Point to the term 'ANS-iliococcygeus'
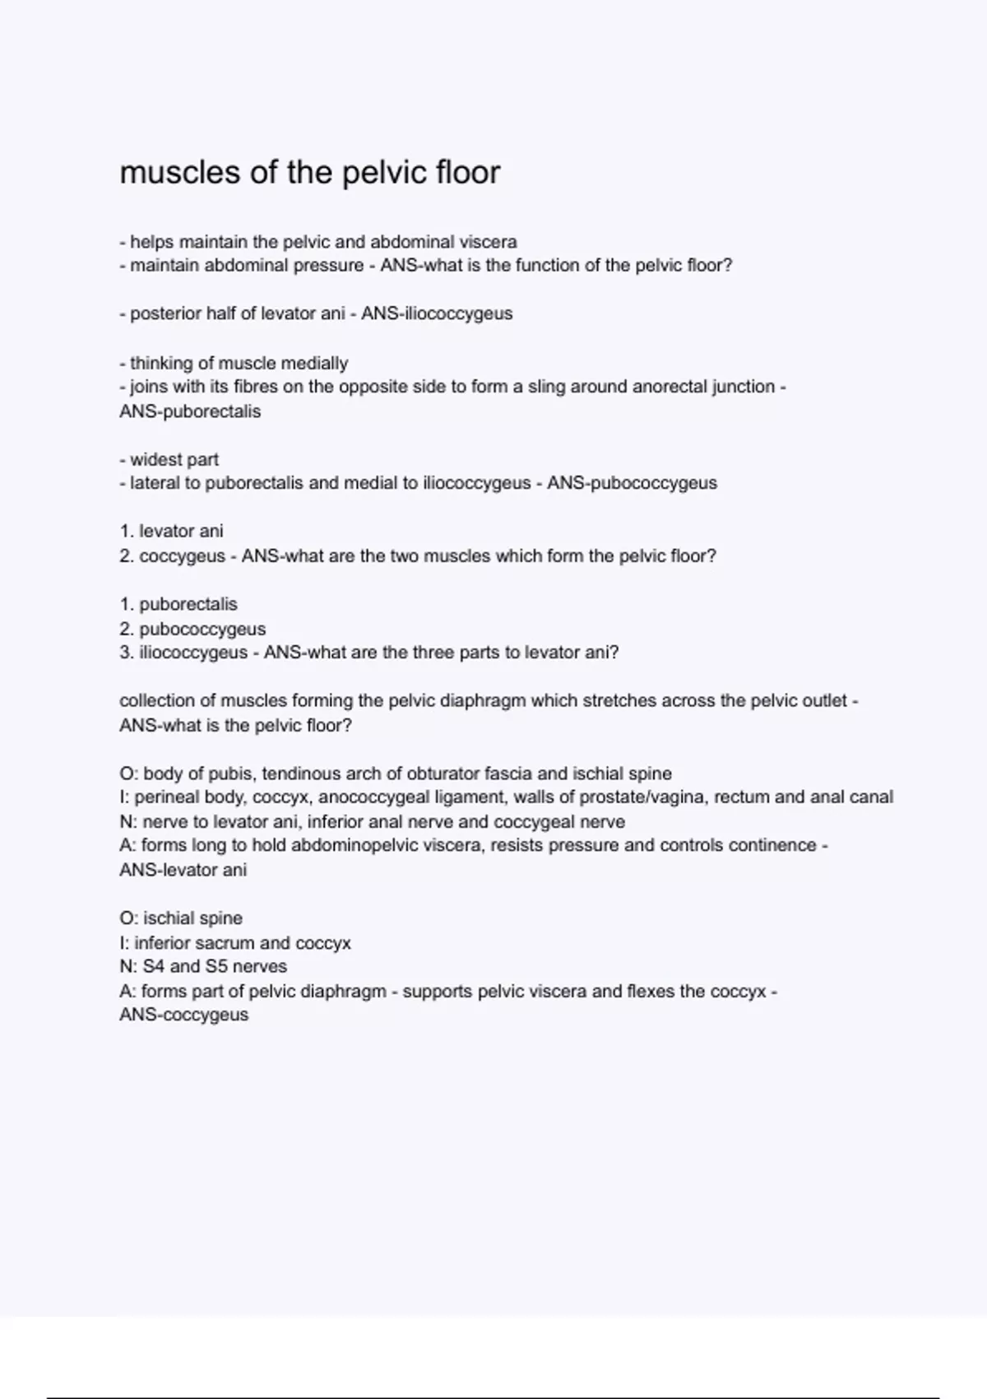[437, 314]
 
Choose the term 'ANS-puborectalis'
[190, 411]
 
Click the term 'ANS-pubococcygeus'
[632, 483]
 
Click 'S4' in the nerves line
[154, 966]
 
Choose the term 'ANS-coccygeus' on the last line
[183, 1015]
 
